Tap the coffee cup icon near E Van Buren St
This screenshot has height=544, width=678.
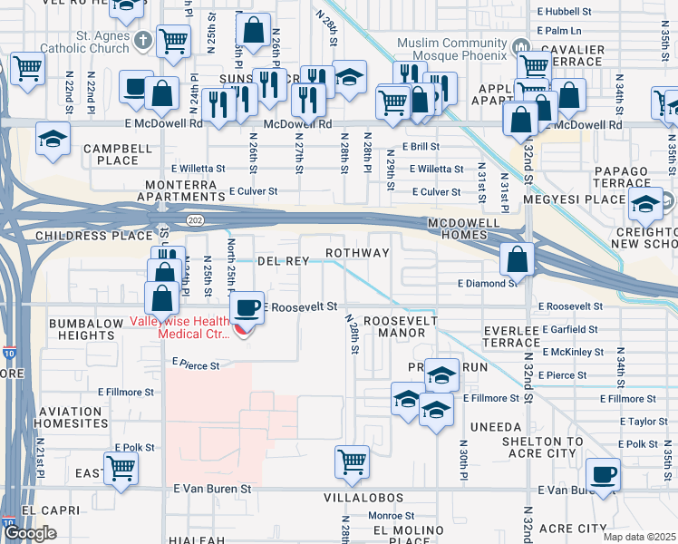point(602,473)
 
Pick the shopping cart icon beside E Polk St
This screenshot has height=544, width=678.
point(121,469)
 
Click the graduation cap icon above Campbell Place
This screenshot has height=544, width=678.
point(53,140)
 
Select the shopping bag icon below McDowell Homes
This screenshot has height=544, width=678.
point(516,258)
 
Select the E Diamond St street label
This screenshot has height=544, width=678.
point(488,284)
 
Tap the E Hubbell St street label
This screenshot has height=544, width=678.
point(564,12)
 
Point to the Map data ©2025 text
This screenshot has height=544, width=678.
point(639,537)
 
